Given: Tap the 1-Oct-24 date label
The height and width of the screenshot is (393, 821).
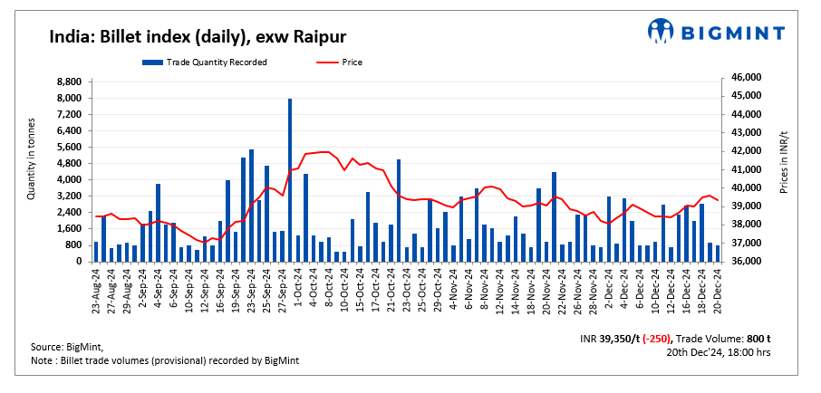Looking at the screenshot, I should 297,287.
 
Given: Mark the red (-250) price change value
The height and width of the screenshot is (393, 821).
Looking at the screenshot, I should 653,339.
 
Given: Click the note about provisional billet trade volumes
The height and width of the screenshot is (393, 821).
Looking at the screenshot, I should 165,361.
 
